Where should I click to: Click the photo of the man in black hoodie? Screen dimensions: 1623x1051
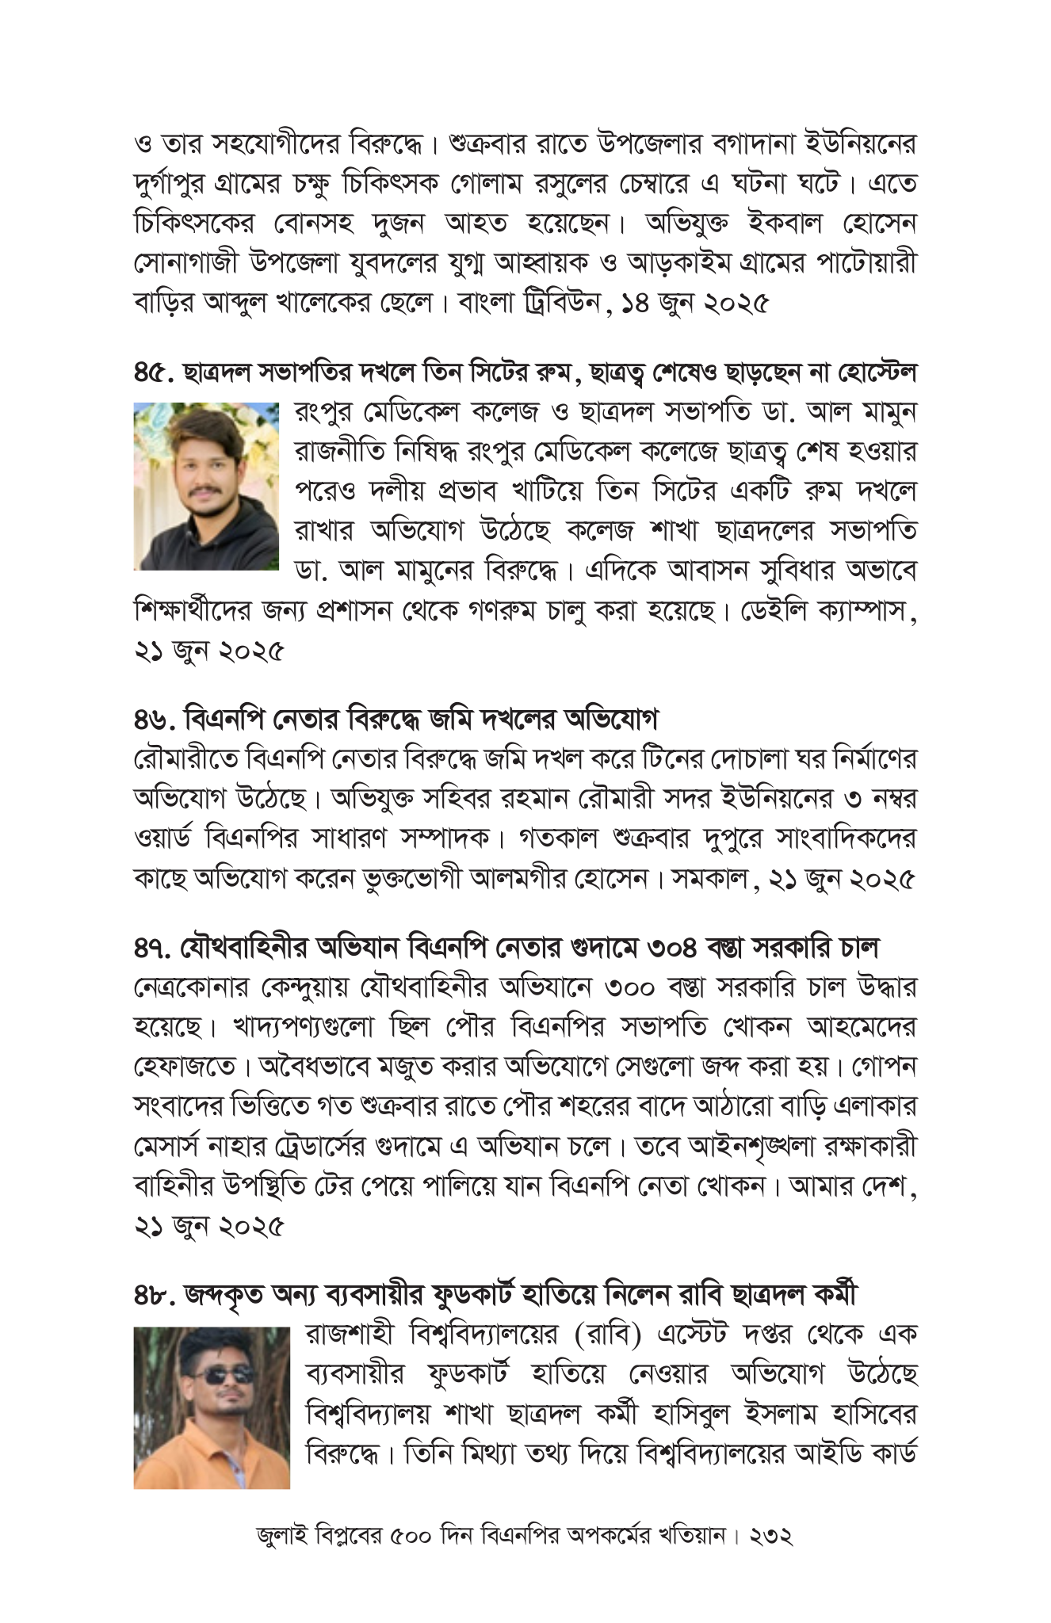(206, 487)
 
